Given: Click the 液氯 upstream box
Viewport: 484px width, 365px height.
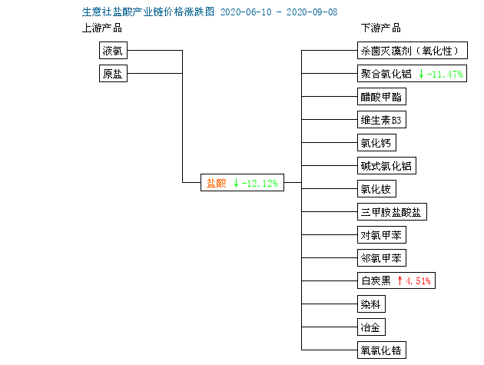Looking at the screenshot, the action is [x=113, y=51].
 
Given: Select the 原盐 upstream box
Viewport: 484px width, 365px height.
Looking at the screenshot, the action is [x=113, y=74].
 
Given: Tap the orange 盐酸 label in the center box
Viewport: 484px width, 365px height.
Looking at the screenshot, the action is [x=217, y=183].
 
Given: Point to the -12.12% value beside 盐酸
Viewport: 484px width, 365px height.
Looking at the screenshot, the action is [x=260, y=184].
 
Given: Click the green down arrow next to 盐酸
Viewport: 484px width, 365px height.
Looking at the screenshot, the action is [x=236, y=183].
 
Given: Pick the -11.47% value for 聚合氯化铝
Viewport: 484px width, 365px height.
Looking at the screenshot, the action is [x=445, y=74].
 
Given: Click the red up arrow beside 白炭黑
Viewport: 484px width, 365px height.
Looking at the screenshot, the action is [x=399, y=280].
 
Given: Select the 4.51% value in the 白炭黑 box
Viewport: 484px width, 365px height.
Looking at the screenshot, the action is [x=418, y=281].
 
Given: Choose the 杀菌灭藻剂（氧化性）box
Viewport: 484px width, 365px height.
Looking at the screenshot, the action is [x=413, y=51].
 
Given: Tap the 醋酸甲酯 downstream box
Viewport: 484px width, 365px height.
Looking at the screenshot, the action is [x=382, y=97].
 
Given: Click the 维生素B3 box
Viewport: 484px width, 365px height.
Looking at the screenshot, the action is [x=382, y=120].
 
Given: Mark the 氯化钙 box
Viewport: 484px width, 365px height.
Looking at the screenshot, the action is [x=376, y=143].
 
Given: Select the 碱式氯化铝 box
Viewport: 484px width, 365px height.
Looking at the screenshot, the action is [x=386, y=166].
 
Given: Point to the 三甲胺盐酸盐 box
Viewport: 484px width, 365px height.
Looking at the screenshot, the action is [x=392, y=212].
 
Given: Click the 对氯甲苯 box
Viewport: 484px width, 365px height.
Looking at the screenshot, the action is [x=382, y=235].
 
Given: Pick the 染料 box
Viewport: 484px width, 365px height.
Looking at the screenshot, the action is [x=371, y=304].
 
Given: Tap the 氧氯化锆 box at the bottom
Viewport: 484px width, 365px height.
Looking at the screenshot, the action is [x=382, y=350].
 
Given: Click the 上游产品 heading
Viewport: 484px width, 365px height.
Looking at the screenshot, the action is [x=102, y=28].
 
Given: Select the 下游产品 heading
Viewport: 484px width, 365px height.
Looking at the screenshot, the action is [x=381, y=28].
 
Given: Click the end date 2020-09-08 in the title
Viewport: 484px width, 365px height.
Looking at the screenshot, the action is [x=312, y=12].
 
